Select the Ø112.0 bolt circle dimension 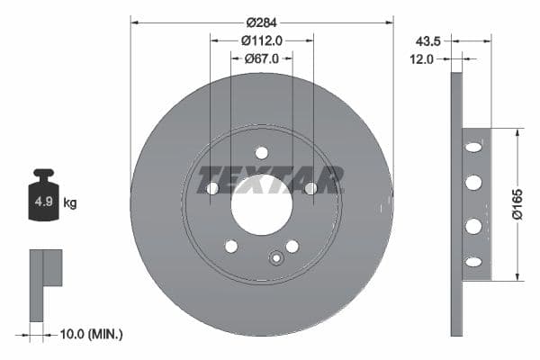pyautogui.click(x=262, y=40)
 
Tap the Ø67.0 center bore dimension pyautogui.click(x=262, y=58)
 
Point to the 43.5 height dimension pyautogui.click(x=427, y=40)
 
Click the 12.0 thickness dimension pyautogui.click(x=423, y=58)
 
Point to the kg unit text pyautogui.click(x=70, y=203)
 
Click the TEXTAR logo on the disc pyautogui.click(x=270, y=179)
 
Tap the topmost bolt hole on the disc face pyautogui.click(x=261, y=152)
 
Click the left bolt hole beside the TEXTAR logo pyautogui.click(x=212, y=188)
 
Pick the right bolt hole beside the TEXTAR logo pyautogui.click(x=310, y=188)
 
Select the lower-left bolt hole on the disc pyautogui.click(x=231, y=246)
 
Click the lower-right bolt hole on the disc pyautogui.click(x=292, y=246)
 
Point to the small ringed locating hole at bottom pyautogui.click(x=276, y=260)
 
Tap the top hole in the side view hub pyautogui.click(x=473, y=147)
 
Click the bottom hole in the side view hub pyautogui.click(x=473, y=261)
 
